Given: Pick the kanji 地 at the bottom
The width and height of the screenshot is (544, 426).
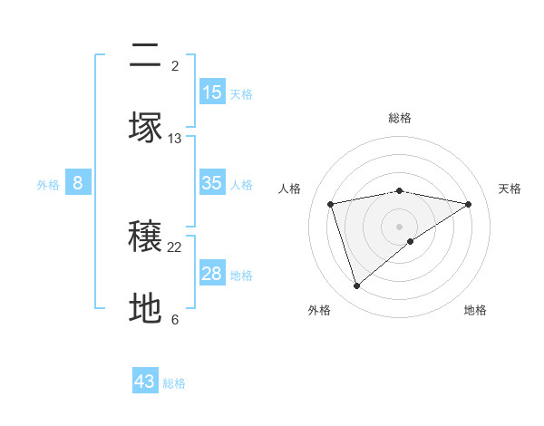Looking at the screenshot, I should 146,309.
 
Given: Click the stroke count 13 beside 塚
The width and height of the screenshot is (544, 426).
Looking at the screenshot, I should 175,139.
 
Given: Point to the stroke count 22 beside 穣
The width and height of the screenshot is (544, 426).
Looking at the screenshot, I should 175,247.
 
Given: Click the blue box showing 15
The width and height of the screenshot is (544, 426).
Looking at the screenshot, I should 212,92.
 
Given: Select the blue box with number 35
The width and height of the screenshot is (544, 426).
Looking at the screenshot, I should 212,183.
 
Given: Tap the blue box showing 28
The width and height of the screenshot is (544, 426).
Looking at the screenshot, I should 212,274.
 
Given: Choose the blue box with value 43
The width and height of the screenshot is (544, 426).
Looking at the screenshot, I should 145,382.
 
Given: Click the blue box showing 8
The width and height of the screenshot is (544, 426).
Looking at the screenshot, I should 78,183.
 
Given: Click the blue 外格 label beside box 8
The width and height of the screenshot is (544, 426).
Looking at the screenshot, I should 48,185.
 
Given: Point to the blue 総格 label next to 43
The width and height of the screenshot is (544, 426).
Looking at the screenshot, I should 174,383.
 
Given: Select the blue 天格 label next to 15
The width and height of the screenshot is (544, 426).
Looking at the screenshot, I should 241,94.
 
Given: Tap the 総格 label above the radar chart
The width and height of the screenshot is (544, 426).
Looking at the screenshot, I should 400,118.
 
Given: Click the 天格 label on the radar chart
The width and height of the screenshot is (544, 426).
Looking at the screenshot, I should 510,189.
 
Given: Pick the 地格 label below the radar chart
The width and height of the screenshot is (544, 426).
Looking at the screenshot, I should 475,311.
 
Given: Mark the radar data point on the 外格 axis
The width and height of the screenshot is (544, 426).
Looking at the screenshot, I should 356,286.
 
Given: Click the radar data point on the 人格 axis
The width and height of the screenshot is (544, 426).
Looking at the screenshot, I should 331,203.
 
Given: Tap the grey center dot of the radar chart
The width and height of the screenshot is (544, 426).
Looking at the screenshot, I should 400,226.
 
